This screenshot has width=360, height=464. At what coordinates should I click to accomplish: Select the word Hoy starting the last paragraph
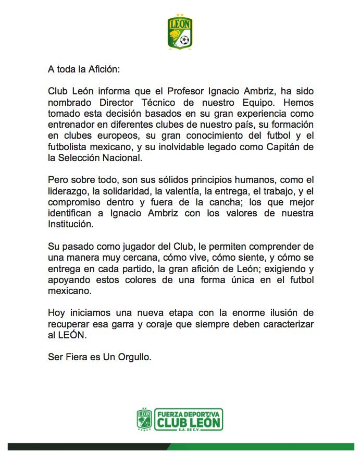[x=56, y=313]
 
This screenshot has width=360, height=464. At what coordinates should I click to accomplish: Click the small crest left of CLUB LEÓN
[x=144, y=420]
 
